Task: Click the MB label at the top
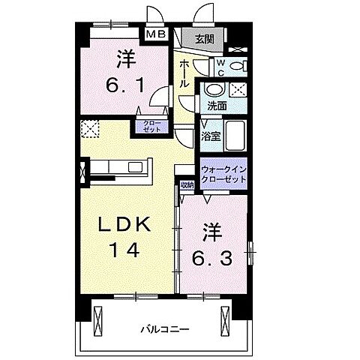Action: click(156, 34)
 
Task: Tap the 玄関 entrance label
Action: click(204, 38)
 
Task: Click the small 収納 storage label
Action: click(187, 184)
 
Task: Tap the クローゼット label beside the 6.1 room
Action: click(145, 125)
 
